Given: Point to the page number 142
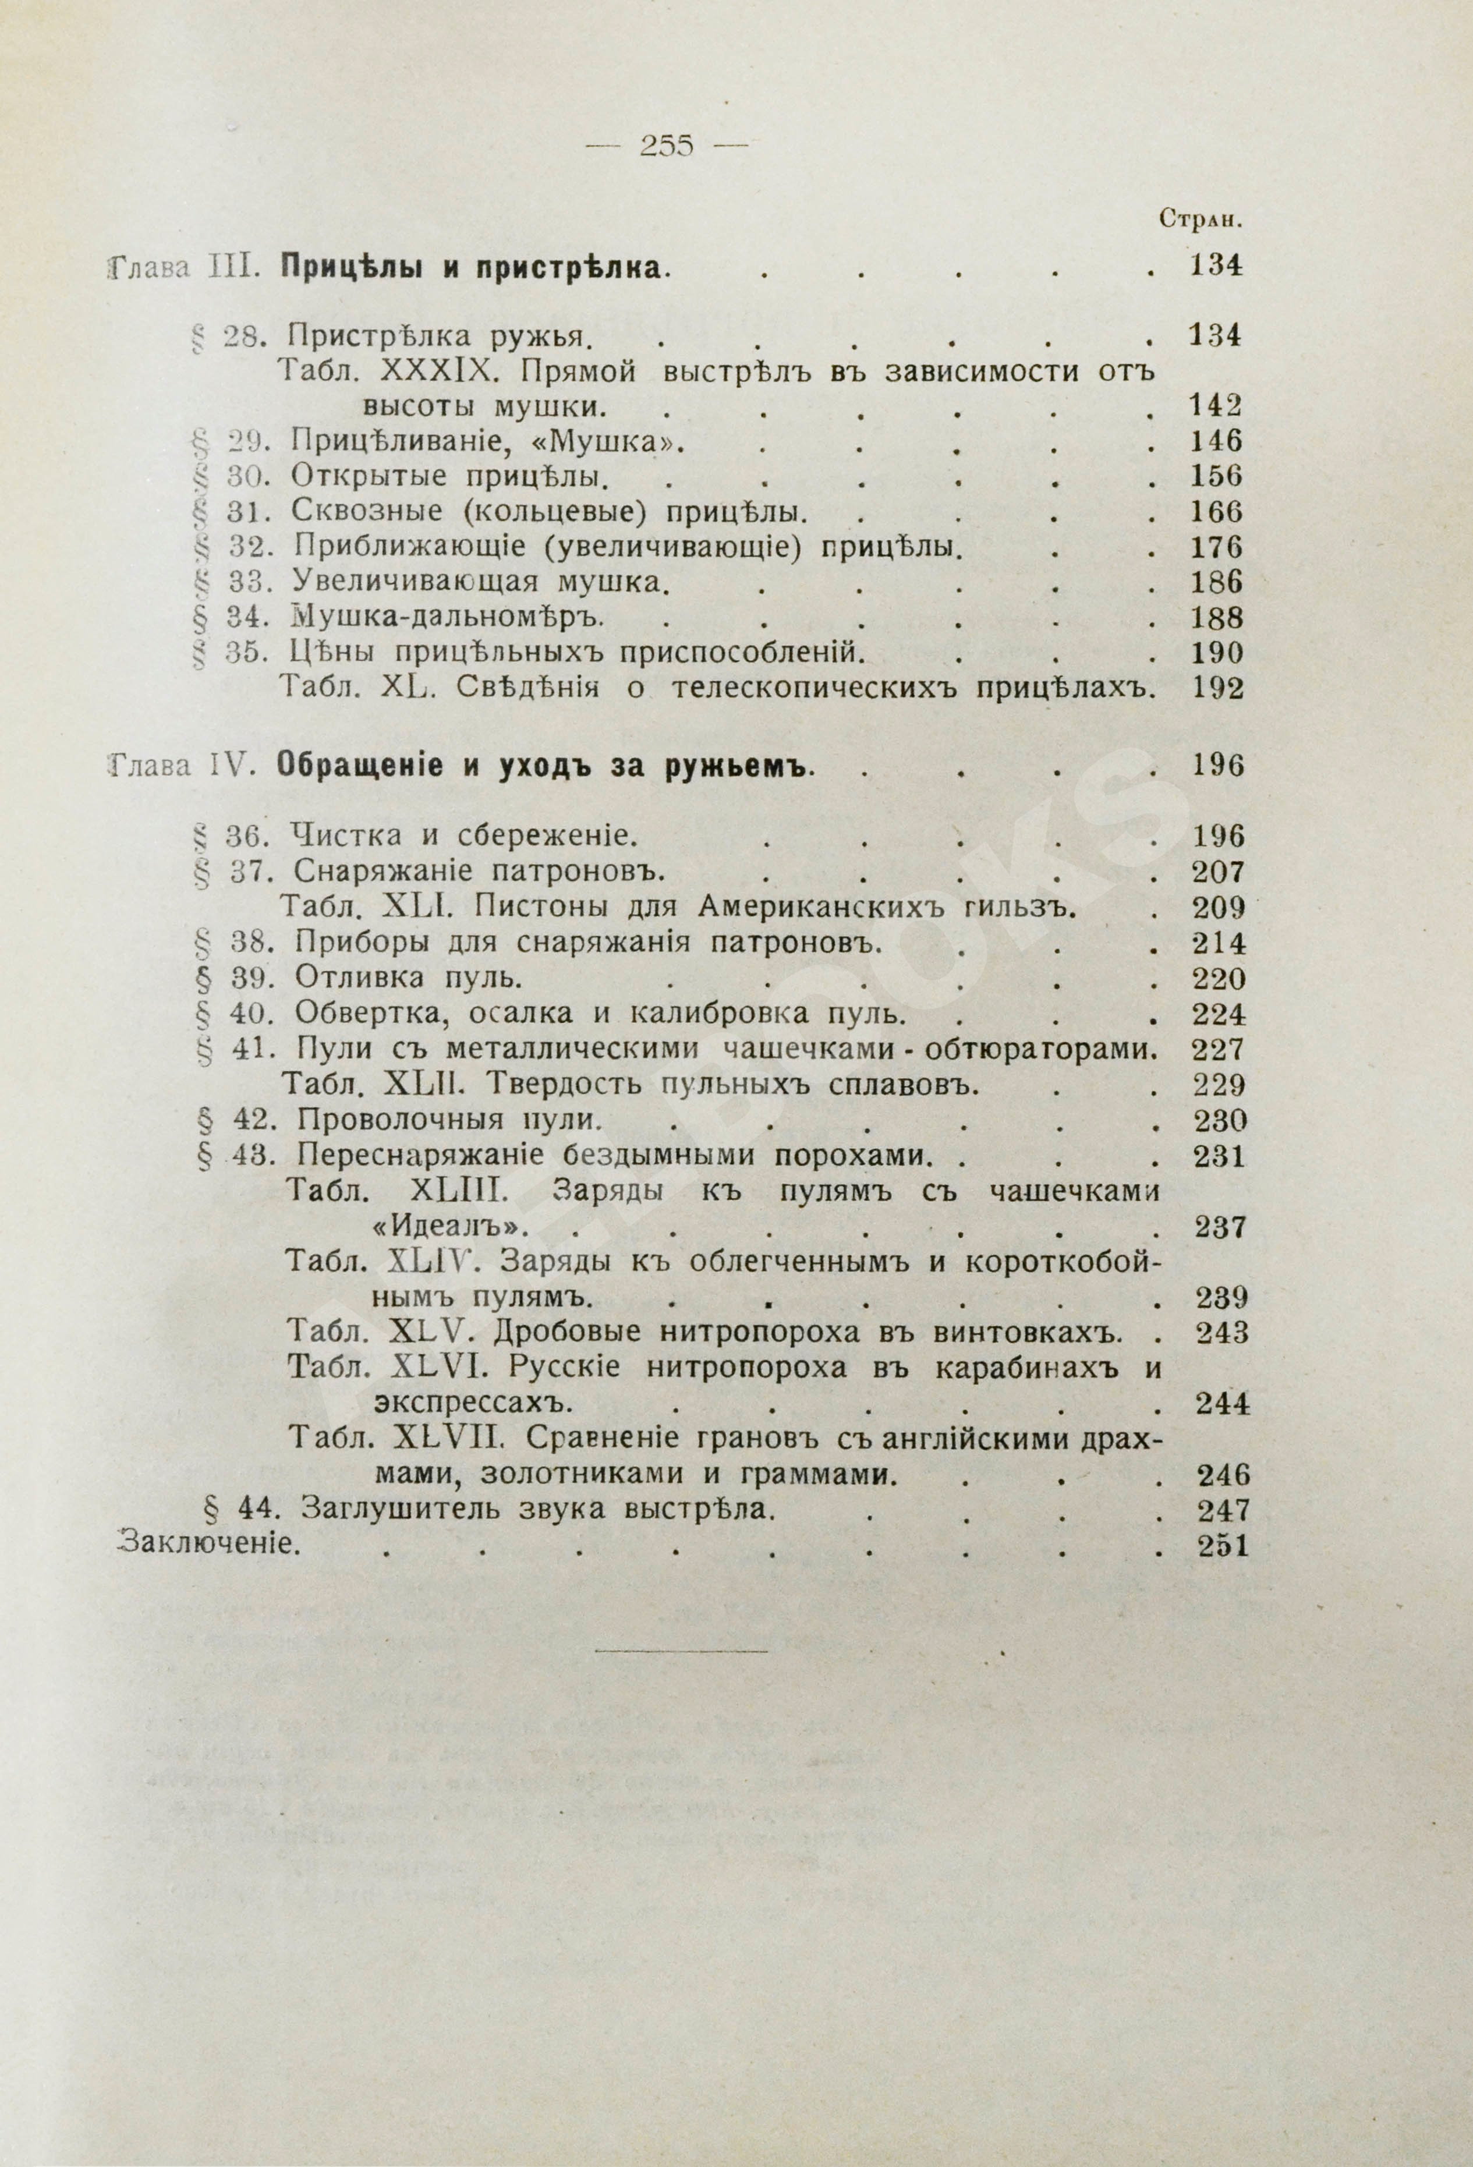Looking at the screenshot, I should pyautogui.click(x=1217, y=406).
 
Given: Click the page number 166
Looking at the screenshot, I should pyautogui.click(x=1217, y=512).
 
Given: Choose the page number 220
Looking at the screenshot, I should pyautogui.click(x=1219, y=979).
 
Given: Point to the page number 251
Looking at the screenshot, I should pyautogui.click(x=1219, y=1545).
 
